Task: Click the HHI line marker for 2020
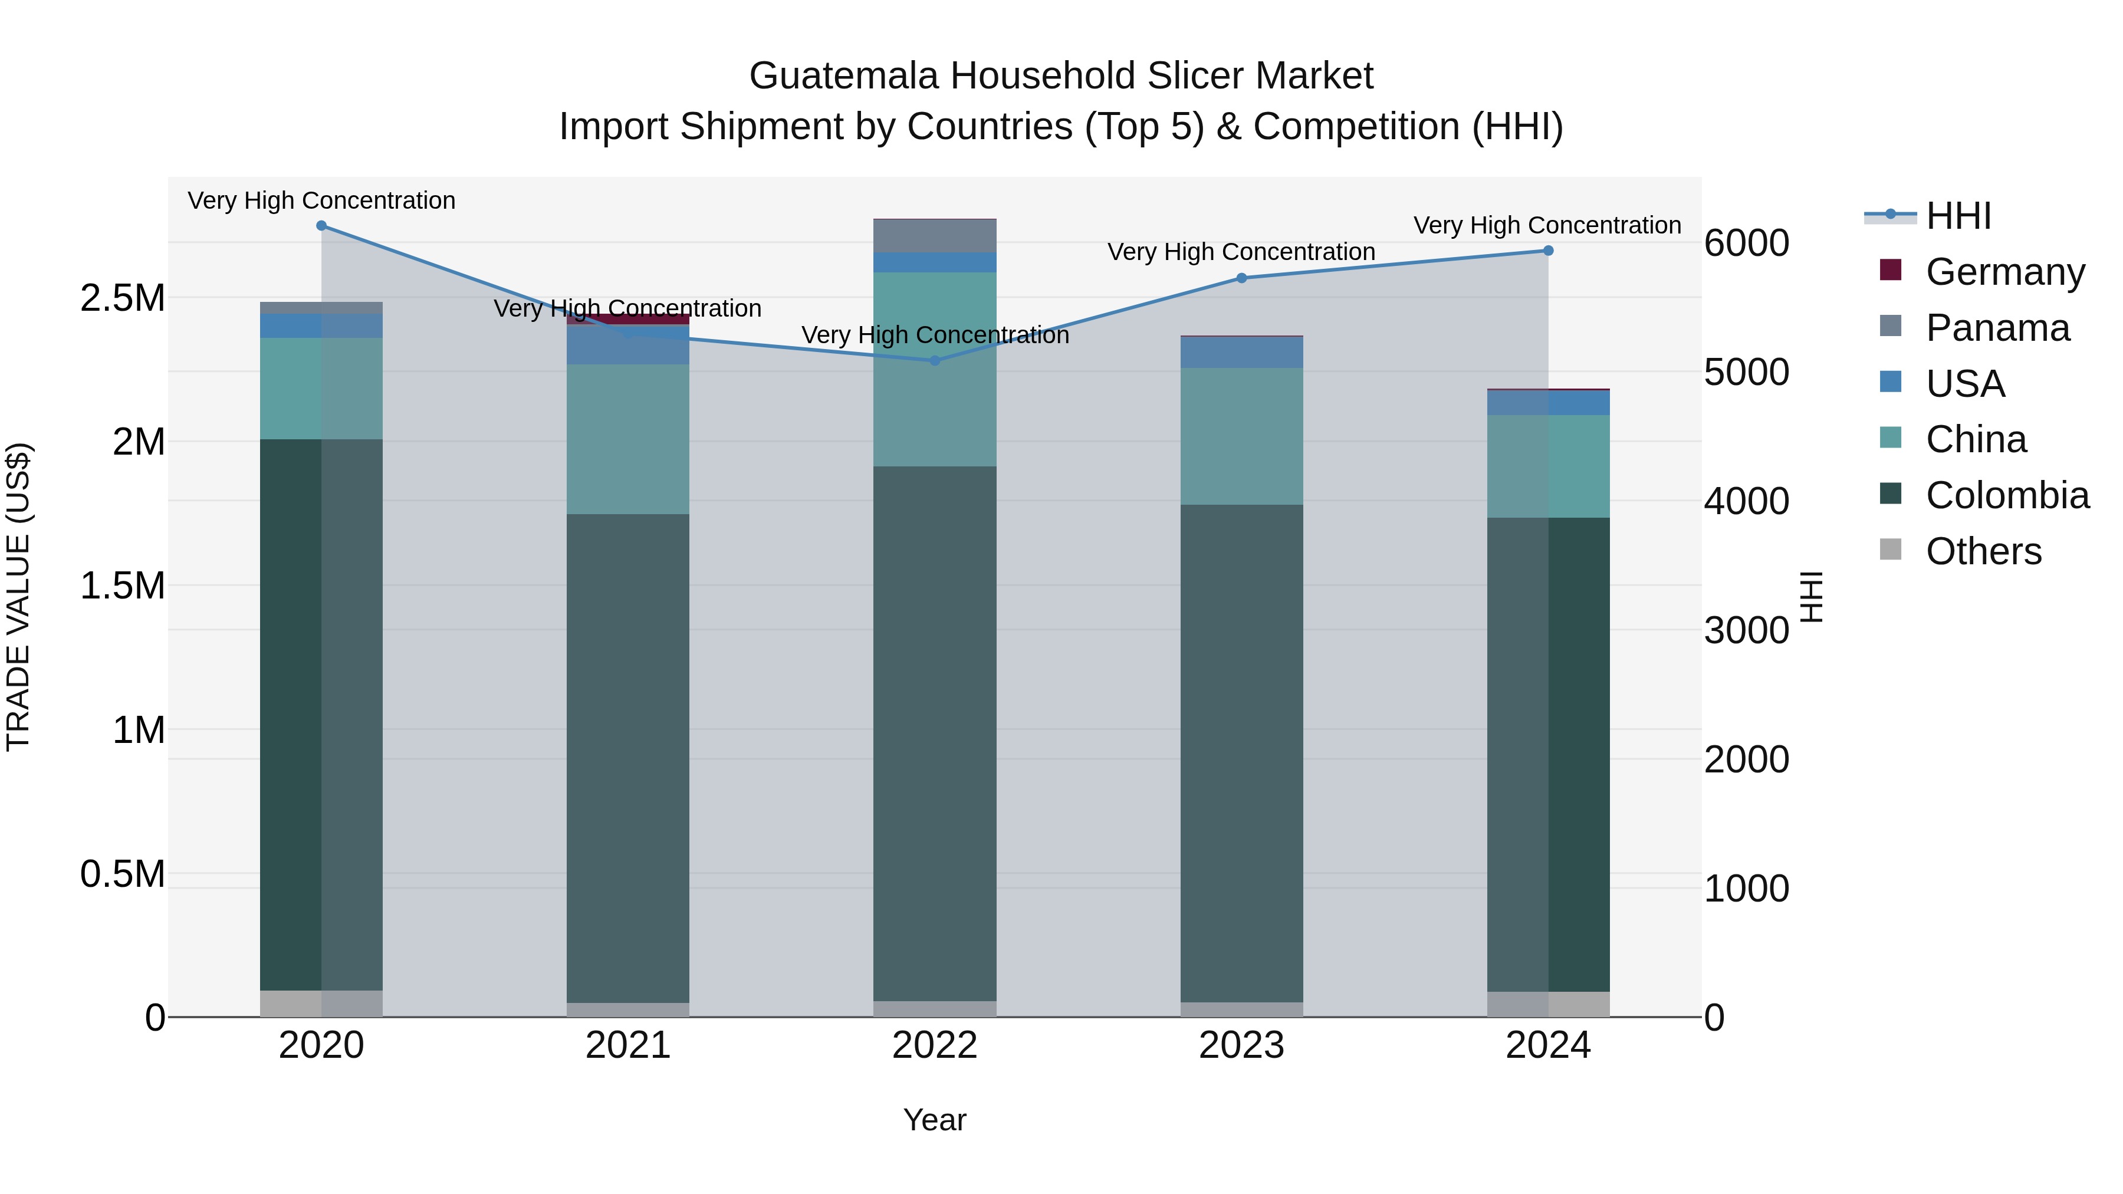pyautogui.click(x=321, y=226)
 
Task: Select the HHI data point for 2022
pyautogui.click(x=935, y=360)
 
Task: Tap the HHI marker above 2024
pyautogui.click(x=1548, y=251)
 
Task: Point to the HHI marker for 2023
pyautogui.click(x=1241, y=278)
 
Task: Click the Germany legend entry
pyautogui.click(x=2004, y=272)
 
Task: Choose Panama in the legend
pyautogui.click(x=1997, y=328)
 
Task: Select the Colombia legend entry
pyautogui.click(x=2007, y=495)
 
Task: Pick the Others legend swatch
pyautogui.click(x=1891, y=550)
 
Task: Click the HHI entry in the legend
pyautogui.click(x=1957, y=216)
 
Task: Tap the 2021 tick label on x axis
pyautogui.click(x=628, y=1045)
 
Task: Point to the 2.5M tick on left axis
pyautogui.click(x=123, y=298)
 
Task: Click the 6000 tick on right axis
pyautogui.click(x=1746, y=243)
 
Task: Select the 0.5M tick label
pyautogui.click(x=123, y=873)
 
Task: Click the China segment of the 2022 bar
pyautogui.click(x=935, y=369)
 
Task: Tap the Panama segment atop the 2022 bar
pyautogui.click(x=935, y=236)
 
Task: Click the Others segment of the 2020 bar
pyautogui.click(x=321, y=1003)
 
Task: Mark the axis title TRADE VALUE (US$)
pyautogui.click(x=18, y=597)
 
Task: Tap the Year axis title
pyautogui.click(x=935, y=1120)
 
